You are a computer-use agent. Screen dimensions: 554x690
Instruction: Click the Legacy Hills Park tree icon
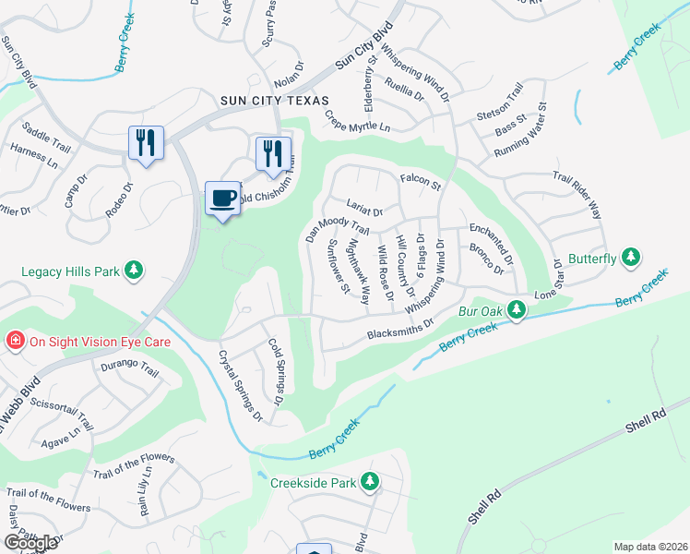point(135,270)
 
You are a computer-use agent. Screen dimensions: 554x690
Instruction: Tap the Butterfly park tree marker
point(631,256)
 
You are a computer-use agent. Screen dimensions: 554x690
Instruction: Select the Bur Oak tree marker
point(517,312)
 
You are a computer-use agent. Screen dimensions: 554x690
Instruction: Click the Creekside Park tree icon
point(370,482)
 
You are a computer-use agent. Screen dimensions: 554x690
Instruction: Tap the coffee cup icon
point(222,199)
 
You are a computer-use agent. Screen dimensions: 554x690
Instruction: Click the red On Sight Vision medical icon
point(15,341)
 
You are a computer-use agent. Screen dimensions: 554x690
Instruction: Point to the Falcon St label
point(421,183)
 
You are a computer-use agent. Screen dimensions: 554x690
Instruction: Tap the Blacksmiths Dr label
point(400,329)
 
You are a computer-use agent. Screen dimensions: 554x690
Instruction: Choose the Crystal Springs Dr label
point(240,385)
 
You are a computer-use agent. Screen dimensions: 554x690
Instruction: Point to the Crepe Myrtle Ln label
point(358,121)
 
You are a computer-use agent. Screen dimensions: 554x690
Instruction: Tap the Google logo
point(30,543)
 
